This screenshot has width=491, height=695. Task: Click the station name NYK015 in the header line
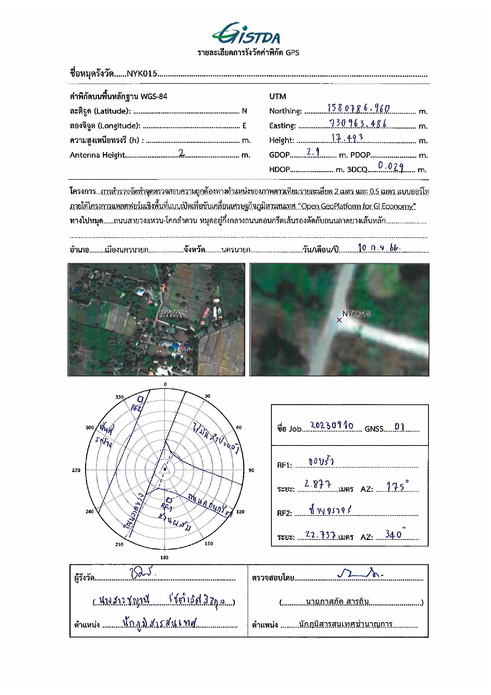click(142, 74)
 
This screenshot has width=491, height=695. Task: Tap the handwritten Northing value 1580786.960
click(358, 108)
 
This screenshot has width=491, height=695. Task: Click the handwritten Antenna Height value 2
click(182, 153)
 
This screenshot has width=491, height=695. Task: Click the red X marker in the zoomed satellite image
click(339, 320)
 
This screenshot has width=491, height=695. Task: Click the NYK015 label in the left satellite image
click(173, 314)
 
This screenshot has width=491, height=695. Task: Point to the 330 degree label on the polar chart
click(119, 397)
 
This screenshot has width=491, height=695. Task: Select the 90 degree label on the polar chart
click(251, 470)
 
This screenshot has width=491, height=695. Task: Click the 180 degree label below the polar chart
click(164, 558)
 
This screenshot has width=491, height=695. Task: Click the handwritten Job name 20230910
click(332, 426)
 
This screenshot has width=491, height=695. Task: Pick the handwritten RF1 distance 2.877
click(318, 484)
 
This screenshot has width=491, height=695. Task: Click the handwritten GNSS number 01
click(400, 427)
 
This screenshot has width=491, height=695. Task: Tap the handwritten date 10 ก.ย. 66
click(379, 248)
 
